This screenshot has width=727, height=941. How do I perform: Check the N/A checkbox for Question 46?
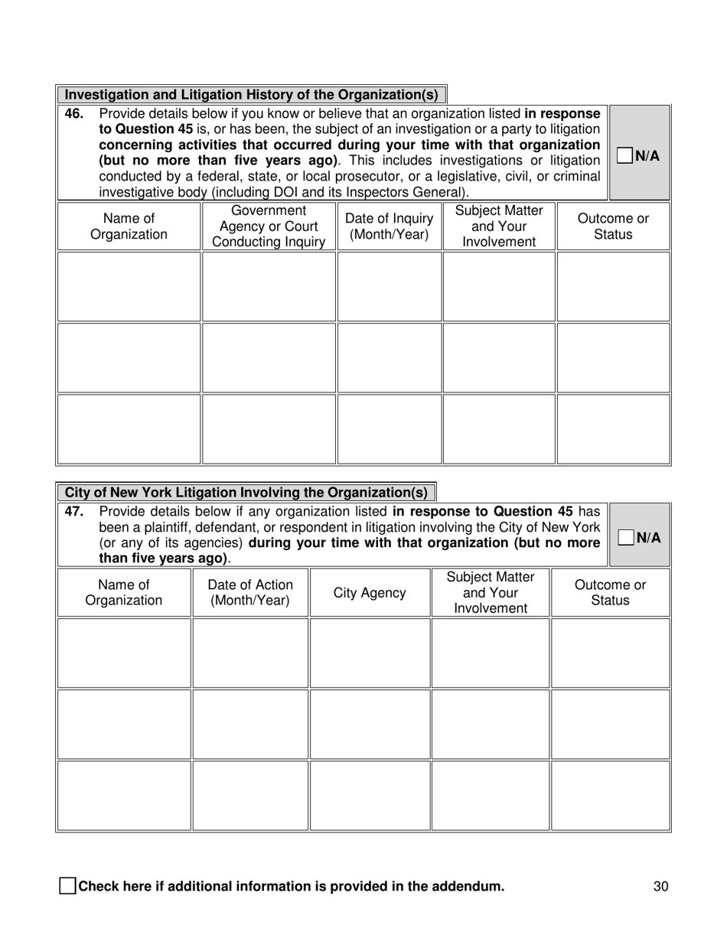pyautogui.click(x=625, y=155)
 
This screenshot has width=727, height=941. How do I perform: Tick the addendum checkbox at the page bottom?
pyautogui.click(x=67, y=887)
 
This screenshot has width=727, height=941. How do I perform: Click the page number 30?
pyautogui.click(x=661, y=887)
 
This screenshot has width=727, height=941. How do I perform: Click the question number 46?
pyautogui.click(x=73, y=114)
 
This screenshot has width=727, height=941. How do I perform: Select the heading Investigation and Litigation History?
pyautogui.click(x=251, y=95)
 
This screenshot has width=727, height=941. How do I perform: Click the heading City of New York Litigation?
pyautogui.click(x=246, y=492)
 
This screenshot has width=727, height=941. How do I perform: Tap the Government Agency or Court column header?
pyautogui.click(x=268, y=226)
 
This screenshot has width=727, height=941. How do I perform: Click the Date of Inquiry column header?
pyautogui.click(x=390, y=226)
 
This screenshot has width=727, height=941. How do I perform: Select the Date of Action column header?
pyautogui.click(x=249, y=593)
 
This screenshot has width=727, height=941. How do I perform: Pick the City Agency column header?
pyautogui.click(x=370, y=593)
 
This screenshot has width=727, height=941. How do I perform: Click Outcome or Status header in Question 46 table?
pyautogui.click(x=613, y=226)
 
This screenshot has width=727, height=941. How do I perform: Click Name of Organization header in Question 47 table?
pyautogui.click(x=124, y=593)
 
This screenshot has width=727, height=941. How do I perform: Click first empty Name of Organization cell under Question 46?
pyautogui.click(x=129, y=287)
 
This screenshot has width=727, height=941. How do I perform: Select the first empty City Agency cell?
pyautogui.click(x=370, y=653)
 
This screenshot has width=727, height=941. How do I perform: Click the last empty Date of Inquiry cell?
pyautogui.click(x=390, y=429)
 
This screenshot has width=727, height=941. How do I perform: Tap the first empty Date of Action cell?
pyautogui.click(x=249, y=653)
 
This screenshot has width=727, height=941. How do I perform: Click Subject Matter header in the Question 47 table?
pyautogui.click(x=490, y=593)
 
